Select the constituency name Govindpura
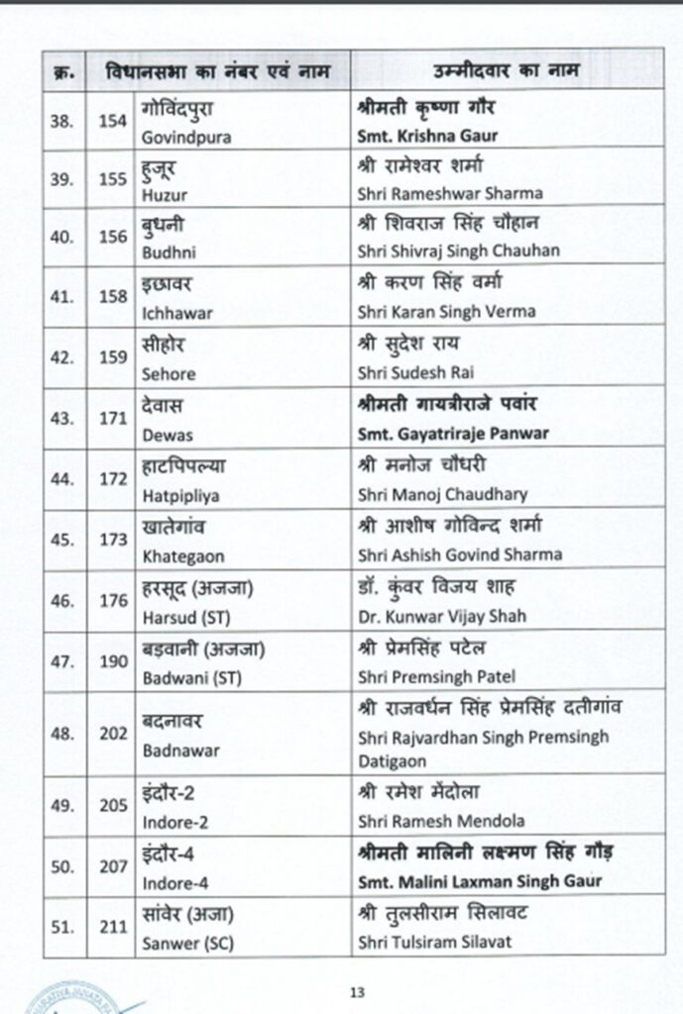(187, 138)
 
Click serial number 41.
(63, 298)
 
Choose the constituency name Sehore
(169, 374)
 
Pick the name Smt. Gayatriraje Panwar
(453, 434)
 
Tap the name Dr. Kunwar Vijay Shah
(441, 616)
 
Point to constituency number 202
(113, 732)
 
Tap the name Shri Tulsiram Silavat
(435, 942)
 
